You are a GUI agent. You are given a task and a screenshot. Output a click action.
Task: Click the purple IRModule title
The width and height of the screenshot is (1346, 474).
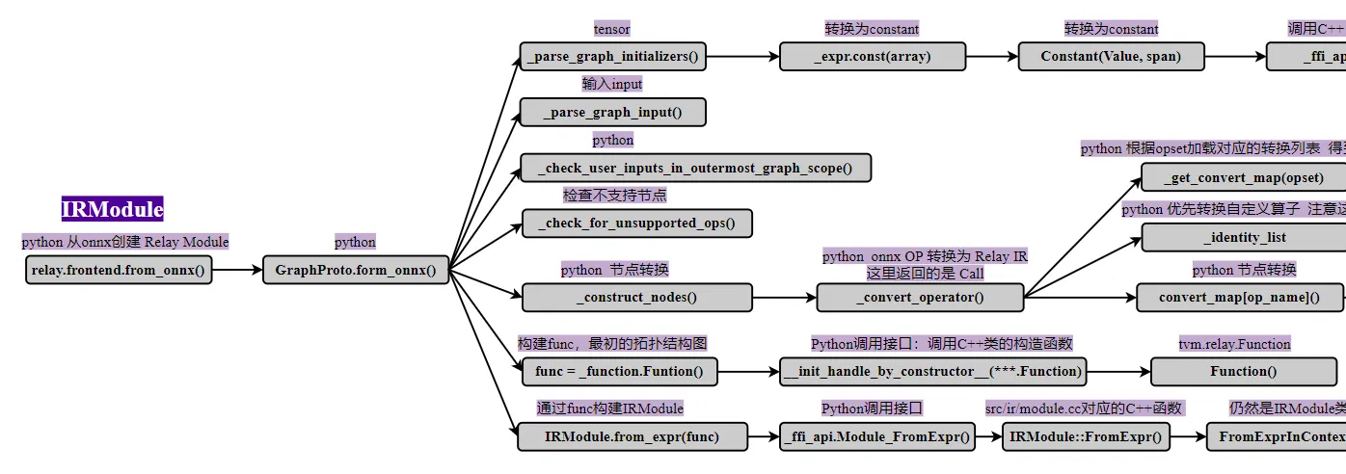click(113, 209)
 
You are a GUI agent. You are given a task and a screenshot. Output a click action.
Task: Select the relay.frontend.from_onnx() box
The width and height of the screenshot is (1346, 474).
click(119, 270)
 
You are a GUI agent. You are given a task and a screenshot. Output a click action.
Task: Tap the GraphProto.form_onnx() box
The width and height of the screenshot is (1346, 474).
click(356, 270)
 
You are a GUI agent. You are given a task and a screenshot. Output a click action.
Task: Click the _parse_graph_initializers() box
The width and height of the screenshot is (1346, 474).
click(612, 56)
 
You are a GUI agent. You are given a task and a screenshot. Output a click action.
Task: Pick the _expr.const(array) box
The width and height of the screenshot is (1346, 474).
click(872, 56)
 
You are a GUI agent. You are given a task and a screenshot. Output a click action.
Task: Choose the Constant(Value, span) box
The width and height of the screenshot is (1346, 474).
click(1111, 56)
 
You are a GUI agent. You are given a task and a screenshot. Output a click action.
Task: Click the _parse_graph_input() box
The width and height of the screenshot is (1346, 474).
click(612, 112)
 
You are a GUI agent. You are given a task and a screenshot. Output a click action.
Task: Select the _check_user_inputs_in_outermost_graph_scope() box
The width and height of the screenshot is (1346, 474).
click(695, 168)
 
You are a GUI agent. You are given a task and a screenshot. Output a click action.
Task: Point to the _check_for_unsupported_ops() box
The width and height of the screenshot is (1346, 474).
click(636, 224)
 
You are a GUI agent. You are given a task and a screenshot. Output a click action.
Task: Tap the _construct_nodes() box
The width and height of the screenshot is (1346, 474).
click(636, 297)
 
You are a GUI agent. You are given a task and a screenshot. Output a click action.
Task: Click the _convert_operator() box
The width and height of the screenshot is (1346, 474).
click(920, 297)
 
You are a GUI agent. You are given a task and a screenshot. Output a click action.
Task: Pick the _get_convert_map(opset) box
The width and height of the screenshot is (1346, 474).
click(1243, 177)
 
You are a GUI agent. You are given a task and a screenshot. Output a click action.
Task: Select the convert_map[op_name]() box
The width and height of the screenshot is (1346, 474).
click(1239, 297)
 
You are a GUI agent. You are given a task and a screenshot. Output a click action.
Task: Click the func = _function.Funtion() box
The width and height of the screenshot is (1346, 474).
click(620, 371)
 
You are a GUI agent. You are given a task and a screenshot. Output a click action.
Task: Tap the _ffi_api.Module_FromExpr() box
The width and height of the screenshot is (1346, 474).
click(876, 436)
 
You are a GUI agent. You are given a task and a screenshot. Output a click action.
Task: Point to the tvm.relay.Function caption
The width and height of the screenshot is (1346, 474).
click(1234, 344)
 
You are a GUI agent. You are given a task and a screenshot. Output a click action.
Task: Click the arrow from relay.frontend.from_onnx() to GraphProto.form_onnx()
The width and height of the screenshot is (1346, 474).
click(237, 270)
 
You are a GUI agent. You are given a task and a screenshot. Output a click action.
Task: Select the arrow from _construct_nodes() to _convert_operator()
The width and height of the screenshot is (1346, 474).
click(783, 297)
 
